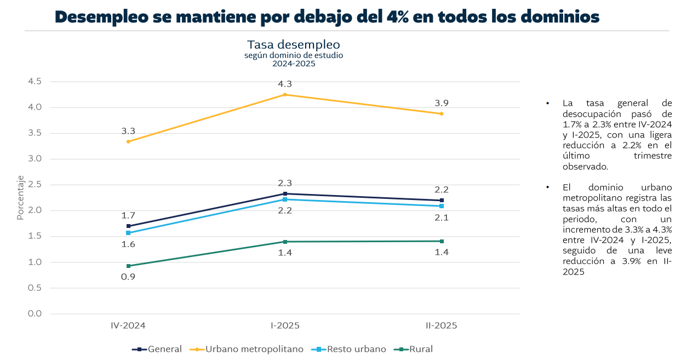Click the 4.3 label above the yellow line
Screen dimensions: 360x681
pos(285,84)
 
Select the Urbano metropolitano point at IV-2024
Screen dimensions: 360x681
pos(128,141)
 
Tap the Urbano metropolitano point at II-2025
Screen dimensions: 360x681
pos(442,113)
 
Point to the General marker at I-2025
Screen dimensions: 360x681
pos(285,193)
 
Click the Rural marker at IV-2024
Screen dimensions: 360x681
pos(128,266)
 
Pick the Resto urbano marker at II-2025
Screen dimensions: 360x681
pos(442,206)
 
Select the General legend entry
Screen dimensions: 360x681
pos(157,349)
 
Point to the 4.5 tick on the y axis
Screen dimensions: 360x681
pos(35,81)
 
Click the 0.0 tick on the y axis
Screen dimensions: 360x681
pos(35,313)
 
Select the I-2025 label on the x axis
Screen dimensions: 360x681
pos(285,325)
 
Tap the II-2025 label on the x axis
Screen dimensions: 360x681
pos(442,325)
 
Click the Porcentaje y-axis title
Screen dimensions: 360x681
pos(20,197)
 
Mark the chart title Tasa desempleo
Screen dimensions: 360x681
pos(294,44)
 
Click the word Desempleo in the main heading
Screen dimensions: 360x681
pos(102,17)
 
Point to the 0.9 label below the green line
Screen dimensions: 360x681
pos(128,277)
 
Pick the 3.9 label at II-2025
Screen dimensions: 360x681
pos(442,103)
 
